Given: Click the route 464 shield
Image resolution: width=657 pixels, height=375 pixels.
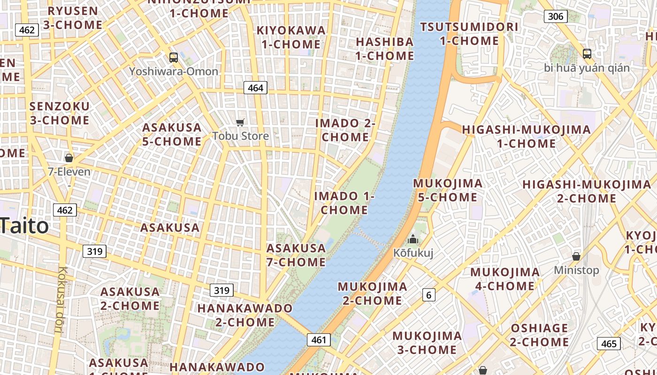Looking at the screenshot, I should (x=255, y=88).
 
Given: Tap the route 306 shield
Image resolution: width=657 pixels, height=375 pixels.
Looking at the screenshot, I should (x=556, y=16).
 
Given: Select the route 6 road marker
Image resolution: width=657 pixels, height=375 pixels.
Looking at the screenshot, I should (x=428, y=295).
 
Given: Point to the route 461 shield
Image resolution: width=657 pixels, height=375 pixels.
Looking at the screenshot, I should (x=319, y=340).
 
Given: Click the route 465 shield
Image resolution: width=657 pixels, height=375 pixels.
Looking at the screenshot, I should (x=609, y=344).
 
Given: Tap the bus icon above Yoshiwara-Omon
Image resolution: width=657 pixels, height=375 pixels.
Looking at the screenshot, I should (x=174, y=58).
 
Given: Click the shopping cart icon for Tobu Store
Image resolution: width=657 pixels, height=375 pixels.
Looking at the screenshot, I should (x=240, y=123).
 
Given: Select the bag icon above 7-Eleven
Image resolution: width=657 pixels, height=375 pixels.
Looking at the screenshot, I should (x=69, y=158).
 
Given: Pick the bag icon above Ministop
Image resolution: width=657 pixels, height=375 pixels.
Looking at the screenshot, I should (x=576, y=256).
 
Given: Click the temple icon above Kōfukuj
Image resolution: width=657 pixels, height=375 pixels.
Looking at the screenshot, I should (x=413, y=239).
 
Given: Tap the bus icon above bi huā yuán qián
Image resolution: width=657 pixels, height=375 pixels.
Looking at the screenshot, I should (x=587, y=54).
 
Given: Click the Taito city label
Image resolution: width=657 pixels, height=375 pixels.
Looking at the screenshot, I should (x=24, y=226).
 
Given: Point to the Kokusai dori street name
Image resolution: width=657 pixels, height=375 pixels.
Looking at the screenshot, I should (x=61, y=300).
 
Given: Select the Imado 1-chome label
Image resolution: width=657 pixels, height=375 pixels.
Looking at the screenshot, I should (x=344, y=202).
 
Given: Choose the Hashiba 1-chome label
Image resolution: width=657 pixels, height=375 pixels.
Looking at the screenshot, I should (x=385, y=49).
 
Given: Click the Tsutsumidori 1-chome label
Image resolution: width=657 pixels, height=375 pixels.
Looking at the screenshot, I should (x=469, y=34).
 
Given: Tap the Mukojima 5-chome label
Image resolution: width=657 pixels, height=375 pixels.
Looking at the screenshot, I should (x=448, y=190).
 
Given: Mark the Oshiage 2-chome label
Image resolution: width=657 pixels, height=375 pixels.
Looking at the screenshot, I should (x=539, y=335).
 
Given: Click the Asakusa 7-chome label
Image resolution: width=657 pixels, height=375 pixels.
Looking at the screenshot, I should (x=296, y=255).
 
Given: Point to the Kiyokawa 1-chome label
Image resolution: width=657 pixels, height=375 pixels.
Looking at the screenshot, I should (x=291, y=37).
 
